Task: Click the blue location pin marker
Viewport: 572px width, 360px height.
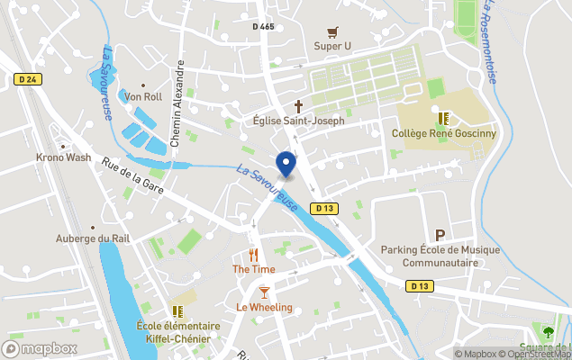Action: click(286, 165)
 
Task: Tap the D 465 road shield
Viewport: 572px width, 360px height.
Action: click(263, 27)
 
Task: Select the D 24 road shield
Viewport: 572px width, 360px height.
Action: click(29, 79)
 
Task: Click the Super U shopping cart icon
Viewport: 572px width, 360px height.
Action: click(332, 31)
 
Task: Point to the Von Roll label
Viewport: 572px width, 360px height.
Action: click(144, 96)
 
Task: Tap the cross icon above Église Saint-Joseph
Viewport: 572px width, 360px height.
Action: click(298, 105)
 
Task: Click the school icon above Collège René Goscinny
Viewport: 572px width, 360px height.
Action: click(442, 118)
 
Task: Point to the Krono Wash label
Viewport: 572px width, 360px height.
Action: click(63, 157)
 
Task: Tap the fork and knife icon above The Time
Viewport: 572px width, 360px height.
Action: click(253, 255)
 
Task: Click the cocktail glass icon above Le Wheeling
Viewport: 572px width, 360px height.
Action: click(264, 292)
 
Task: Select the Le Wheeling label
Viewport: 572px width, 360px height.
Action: click(264, 308)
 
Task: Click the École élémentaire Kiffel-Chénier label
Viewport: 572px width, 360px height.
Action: click(178, 332)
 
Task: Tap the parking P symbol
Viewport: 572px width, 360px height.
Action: click(440, 235)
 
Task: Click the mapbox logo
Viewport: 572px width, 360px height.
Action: click(40, 348)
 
